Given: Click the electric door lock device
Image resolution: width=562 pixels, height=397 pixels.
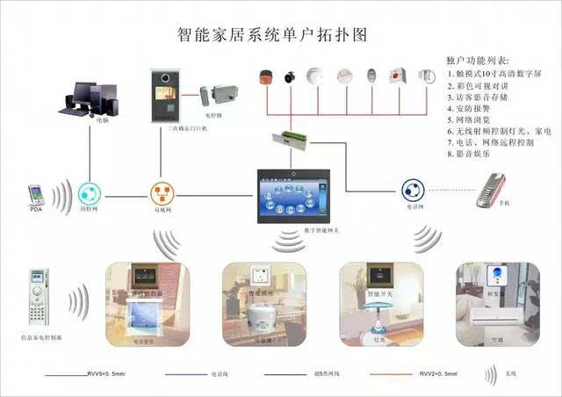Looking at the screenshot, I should pos(214,95).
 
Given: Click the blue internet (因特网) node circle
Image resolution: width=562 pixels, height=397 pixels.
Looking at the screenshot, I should pos(89,193).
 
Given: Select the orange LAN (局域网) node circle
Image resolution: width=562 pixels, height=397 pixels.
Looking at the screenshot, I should pos(162,193).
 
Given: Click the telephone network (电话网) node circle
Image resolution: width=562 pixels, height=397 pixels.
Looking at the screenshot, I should pos(414,190).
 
